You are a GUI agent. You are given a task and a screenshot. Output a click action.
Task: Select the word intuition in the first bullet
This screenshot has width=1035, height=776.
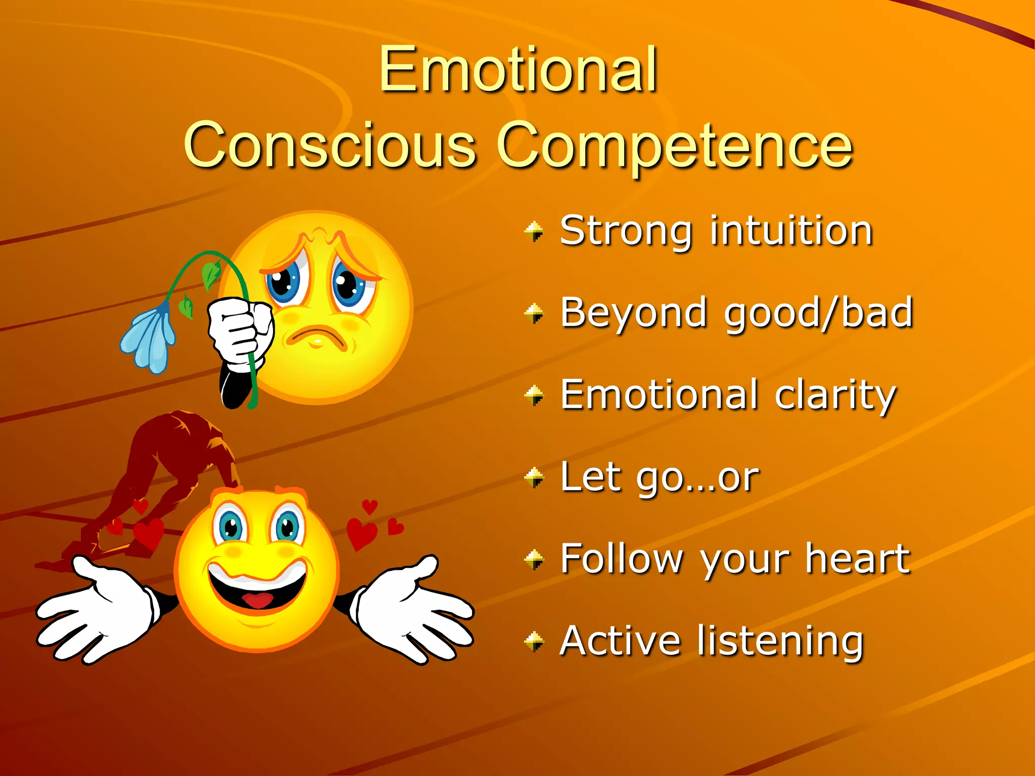click(x=791, y=231)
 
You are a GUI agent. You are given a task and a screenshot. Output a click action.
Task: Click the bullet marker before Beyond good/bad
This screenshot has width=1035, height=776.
click(x=534, y=313)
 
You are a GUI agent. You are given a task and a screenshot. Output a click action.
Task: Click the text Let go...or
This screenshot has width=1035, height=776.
click(x=660, y=477)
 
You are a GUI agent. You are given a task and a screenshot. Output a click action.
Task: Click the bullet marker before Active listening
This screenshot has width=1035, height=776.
click(x=534, y=642)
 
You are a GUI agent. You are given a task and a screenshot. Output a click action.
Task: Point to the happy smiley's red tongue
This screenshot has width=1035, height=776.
click(x=258, y=601)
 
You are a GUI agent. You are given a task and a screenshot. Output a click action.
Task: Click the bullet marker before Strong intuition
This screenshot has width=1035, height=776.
click(x=534, y=231)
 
